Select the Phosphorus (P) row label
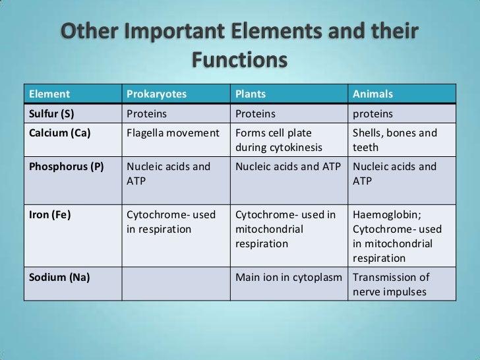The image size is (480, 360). click(65, 167)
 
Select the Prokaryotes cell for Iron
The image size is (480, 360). click(168, 220)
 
